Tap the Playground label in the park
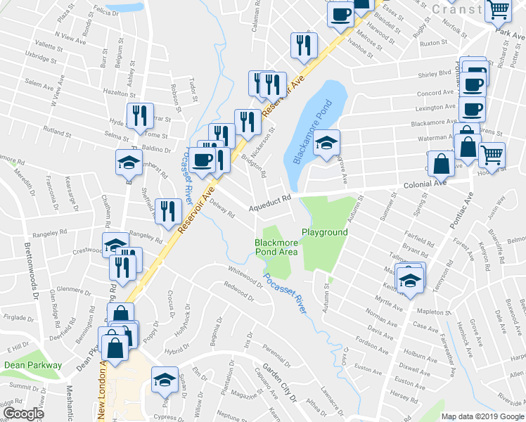[325, 232]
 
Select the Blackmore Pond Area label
[276, 247]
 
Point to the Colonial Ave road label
[425, 184]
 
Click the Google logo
[23, 414]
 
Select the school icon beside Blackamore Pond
[326, 143]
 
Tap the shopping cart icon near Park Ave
[498, 11]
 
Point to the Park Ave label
[510, 32]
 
